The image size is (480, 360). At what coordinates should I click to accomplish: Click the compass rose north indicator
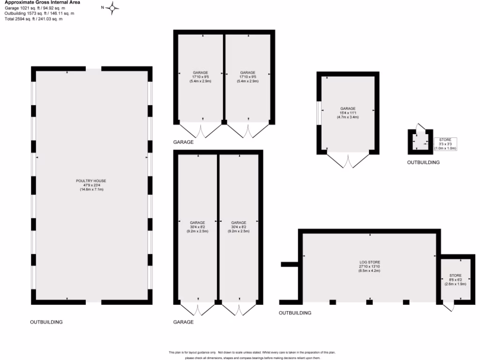pyautogui.click(x=112, y=7)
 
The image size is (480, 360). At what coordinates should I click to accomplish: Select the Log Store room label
pyautogui.click(x=369, y=266)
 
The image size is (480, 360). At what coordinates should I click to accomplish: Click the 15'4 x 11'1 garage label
pyautogui.click(x=347, y=113)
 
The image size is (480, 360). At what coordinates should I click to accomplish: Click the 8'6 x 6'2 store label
pyautogui.click(x=455, y=280)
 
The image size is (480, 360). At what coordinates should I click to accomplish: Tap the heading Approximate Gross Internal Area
pyautogui.click(x=42, y=2)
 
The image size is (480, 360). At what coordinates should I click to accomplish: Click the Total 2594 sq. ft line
pyautogui.click(x=34, y=19)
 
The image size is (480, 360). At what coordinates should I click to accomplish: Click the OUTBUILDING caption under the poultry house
pyautogui.click(x=46, y=322)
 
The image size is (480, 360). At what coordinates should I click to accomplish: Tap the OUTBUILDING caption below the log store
pyautogui.click(x=295, y=313)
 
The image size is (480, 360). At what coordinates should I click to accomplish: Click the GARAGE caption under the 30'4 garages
pyautogui.click(x=183, y=322)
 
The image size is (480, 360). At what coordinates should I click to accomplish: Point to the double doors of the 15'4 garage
pyautogui.click(x=348, y=161)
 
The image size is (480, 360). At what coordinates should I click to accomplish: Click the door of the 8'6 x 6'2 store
pyautogui.click(x=449, y=307)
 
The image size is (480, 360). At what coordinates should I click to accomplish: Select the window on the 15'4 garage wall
pyautogui.click(x=319, y=113)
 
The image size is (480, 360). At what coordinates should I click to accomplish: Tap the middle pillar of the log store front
pyautogui.click(x=369, y=302)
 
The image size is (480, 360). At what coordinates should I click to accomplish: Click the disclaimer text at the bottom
pyautogui.click(x=244, y=355)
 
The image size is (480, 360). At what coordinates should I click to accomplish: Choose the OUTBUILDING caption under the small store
pyautogui.click(x=423, y=162)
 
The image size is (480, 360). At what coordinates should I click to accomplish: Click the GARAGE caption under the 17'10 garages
pyautogui.click(x=183, y=142)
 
